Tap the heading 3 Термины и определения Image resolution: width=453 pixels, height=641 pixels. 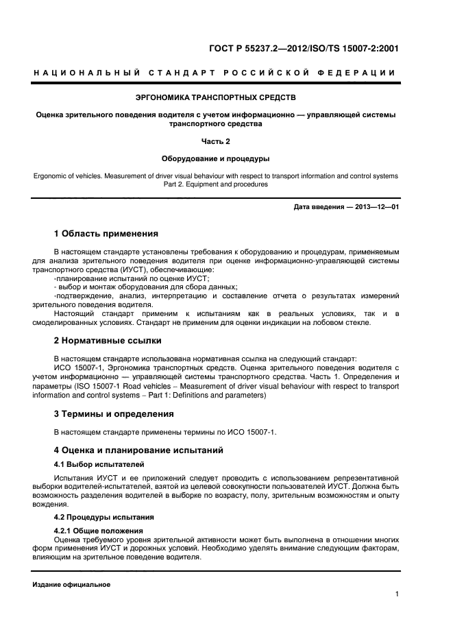114,413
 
